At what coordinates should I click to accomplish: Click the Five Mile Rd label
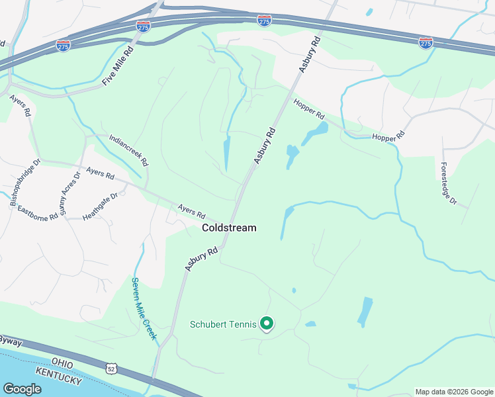coord(118,65)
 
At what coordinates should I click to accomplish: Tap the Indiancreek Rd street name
coord(129,151)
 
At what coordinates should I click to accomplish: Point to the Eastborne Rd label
coord(38,212)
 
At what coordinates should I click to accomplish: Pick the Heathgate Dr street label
coord(100,206)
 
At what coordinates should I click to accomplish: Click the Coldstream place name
coord(229,228)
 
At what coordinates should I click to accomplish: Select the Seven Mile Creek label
coord(144,308)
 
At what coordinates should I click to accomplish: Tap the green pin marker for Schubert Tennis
coord(267,324)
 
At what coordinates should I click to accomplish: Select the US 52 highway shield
coord(111,367)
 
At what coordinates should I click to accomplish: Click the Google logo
coord(22,389)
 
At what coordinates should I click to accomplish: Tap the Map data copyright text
coord(454,392)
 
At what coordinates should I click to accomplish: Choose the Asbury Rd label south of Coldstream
coord(201,259)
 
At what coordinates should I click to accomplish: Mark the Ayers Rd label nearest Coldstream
coord(191,211)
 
